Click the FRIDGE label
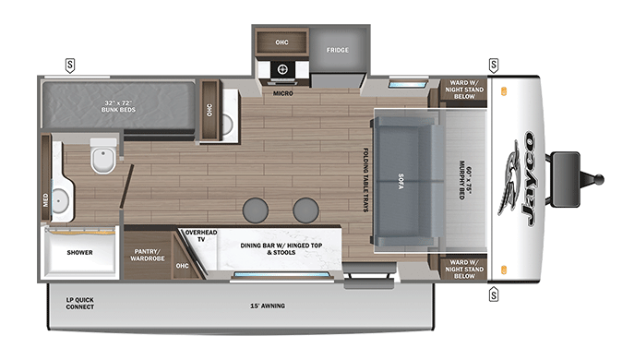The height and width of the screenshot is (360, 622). (x=338, y=50)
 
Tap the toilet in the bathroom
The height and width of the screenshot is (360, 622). (x=103, y=155)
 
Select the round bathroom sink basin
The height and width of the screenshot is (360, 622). (x=60, y=201)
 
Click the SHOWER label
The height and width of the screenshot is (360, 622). (x=79, y=252)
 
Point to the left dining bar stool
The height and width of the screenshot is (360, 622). (x=256, y=210)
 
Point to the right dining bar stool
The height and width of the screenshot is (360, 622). (x=305, y=210)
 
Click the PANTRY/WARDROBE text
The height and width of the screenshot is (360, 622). (x=148, y=255)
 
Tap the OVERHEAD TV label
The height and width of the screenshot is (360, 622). (x=201, y=235)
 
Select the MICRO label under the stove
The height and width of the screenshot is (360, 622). (x=282, y=93)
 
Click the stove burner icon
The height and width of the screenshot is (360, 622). (x=282, y=69)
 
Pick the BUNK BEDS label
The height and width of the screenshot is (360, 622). (x=118, y=110)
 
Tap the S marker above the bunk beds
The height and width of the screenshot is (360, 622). (x=70, y=66)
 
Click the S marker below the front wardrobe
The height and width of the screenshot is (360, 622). (x=494, y=294)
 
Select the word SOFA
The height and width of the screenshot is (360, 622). (x=401, y=181)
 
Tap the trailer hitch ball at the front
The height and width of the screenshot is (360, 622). (x=599, y=179)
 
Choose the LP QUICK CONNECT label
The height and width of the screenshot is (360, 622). (x=80, y=304)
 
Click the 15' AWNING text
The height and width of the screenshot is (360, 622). (x=268, y=306)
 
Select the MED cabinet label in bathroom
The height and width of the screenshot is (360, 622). (x=45, y=200)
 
